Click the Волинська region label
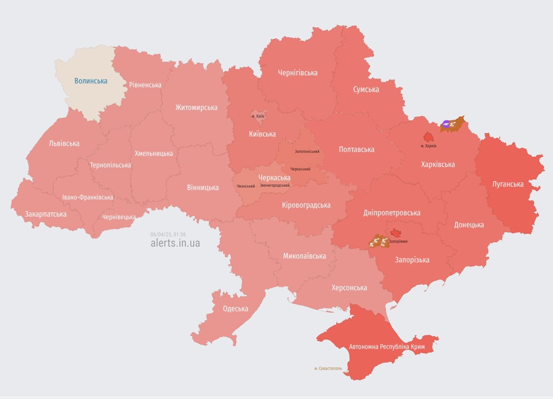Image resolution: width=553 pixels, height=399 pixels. [x=91, y=81]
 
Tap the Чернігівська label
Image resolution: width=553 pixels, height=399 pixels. [x=298, y=73]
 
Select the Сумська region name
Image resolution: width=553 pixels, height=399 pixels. [x=366, y=89]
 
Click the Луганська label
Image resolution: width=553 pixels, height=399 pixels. [x=507, y=184]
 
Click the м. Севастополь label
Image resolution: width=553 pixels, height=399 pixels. [x=328, y=368]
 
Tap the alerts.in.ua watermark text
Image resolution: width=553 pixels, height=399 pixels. [x=175, y=243]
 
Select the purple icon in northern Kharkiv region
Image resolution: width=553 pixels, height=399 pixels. [x=446, y=123]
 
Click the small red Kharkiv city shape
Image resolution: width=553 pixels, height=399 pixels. [x=428, y=137]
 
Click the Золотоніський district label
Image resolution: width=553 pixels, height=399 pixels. [x=307, y=152]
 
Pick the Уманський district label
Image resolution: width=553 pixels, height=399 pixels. [x=246, y=186]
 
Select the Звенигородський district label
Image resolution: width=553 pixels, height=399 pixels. [x=275, y=185]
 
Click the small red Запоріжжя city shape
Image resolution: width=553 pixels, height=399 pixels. [x=395, y=233]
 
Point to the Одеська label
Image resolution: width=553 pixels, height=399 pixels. [x=235, y=309]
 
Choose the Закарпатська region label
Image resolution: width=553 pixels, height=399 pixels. [x=46, y=214]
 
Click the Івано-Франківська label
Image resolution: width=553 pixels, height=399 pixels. [x=88, y=197]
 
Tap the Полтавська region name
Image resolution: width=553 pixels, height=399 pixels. [x=356, y=149]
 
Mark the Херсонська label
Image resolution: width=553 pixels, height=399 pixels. [x=349, y=288]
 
